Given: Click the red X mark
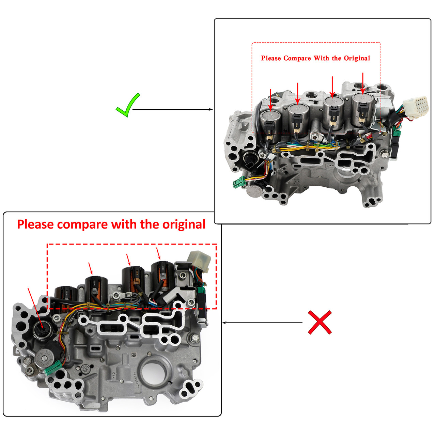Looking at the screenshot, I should click(x=320, y=322).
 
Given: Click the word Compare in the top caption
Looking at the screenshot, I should click(x=297, y=58).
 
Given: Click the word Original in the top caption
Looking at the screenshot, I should click(x=357, y=58).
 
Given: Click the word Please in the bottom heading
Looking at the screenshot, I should click(x=35, y=225).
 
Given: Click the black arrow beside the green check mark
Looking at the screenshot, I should click(x=172, y=109).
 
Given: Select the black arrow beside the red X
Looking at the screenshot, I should click(x=262, y=323).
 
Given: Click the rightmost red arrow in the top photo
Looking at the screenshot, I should click(x=363, y=83).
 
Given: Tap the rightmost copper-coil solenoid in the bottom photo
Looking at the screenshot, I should click(x=162, y=275).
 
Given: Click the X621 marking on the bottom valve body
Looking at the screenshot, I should click(x=114, y=374).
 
